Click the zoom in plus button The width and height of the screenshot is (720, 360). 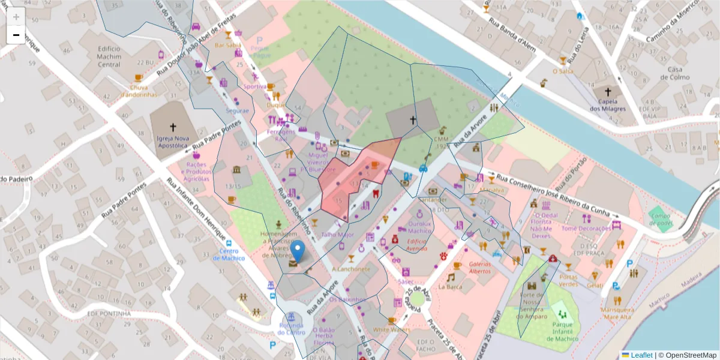(16, 17)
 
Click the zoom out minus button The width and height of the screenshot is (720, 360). (16, 35)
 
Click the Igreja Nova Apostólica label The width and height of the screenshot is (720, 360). (173, 141)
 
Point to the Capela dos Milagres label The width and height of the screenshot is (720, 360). (607, 105)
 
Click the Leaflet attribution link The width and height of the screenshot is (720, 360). (641, 355)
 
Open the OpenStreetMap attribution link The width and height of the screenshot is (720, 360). (687, 355)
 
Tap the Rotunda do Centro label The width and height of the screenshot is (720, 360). (291, 329)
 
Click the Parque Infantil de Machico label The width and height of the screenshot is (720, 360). (562, 335)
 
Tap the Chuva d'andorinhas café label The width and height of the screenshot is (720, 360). (139, 91)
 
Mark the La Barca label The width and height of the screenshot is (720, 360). (450, 287)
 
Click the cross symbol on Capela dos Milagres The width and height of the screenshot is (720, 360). (608, 92)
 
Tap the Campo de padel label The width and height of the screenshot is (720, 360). (660, 218)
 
